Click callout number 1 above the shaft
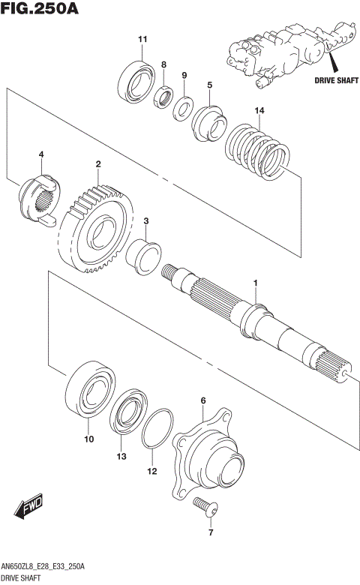[256, 283]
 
